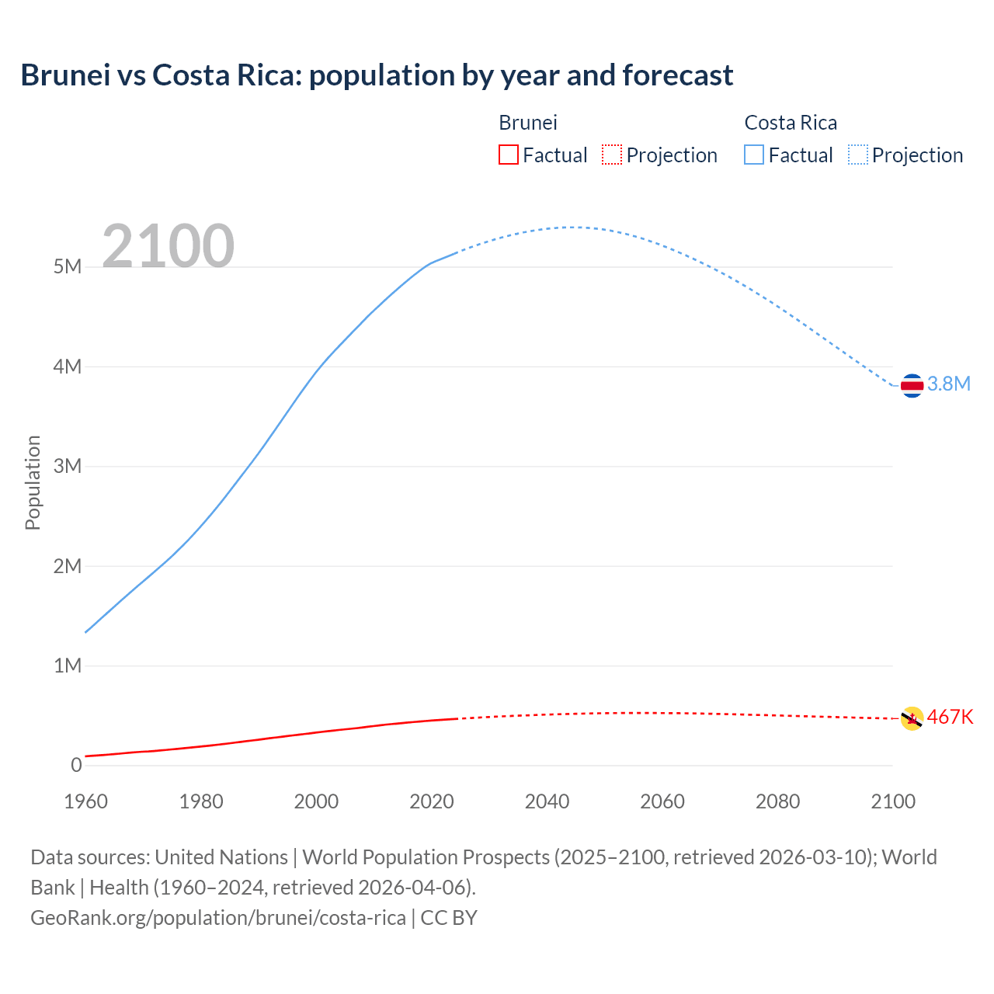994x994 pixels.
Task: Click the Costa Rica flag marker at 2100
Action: (x=912, y=385)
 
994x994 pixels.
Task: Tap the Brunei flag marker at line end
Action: (x=912, y=718)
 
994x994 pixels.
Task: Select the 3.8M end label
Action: (x=949, y=384)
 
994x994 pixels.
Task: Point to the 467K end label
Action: (x=950, y=717)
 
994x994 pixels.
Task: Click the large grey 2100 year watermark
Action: (x=168, y=246)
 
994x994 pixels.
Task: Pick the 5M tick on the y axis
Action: (x=68, y=267)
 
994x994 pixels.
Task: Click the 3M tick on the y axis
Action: (x=68, y=466)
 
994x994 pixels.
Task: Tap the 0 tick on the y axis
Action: (x=76, y=765)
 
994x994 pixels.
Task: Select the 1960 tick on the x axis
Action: (x=85, y=801)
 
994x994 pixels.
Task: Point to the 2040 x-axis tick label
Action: (x=547, y=801)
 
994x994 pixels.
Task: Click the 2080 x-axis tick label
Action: (x=777, y=801)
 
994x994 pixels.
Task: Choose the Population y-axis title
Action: (x=33, y=482)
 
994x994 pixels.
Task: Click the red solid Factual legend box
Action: (x=509, y=155)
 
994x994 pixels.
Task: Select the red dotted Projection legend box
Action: (x=612, y=155)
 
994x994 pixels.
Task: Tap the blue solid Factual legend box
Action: (x=754, y=155)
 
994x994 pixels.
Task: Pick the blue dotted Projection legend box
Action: (x=857, y=155)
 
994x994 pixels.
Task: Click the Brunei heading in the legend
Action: (x=528, y=123)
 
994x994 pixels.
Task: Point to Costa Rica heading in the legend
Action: (x=791, y=123)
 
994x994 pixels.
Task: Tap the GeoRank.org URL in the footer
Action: (x=218, y=918)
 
